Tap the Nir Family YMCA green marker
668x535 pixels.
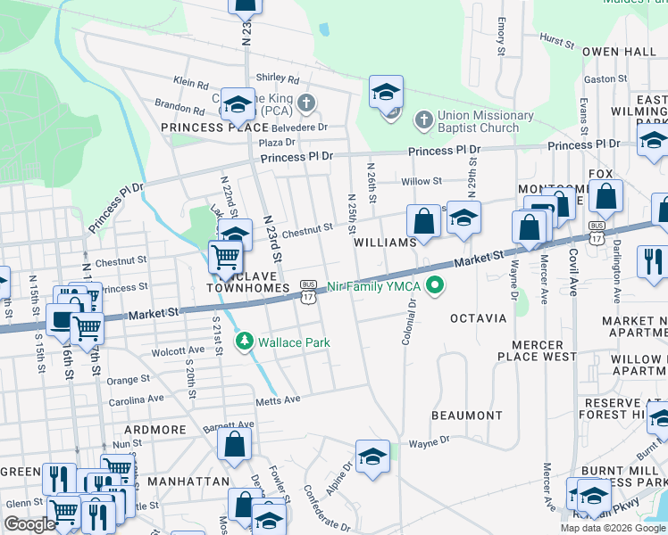coord(435,286)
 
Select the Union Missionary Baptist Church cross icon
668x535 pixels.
coord(422,118)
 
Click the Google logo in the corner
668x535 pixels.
coord(29,524)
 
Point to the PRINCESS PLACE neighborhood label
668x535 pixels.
coord(216,128)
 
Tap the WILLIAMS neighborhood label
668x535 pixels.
coord(385,243)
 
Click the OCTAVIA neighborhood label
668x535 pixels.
coord(478,318)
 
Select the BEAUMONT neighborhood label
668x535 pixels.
coord(466,416)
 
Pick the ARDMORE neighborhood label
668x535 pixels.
coord(155,430)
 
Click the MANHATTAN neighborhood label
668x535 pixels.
coord(188,481)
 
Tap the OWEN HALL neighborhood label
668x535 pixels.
coord(619,52)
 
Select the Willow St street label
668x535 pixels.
coord(422,181)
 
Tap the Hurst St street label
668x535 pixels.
coord(557,41)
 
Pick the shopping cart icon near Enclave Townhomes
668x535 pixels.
coord(226,258)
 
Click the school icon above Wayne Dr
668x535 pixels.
coord(372,457)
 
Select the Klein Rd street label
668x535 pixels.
coord(191,82)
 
